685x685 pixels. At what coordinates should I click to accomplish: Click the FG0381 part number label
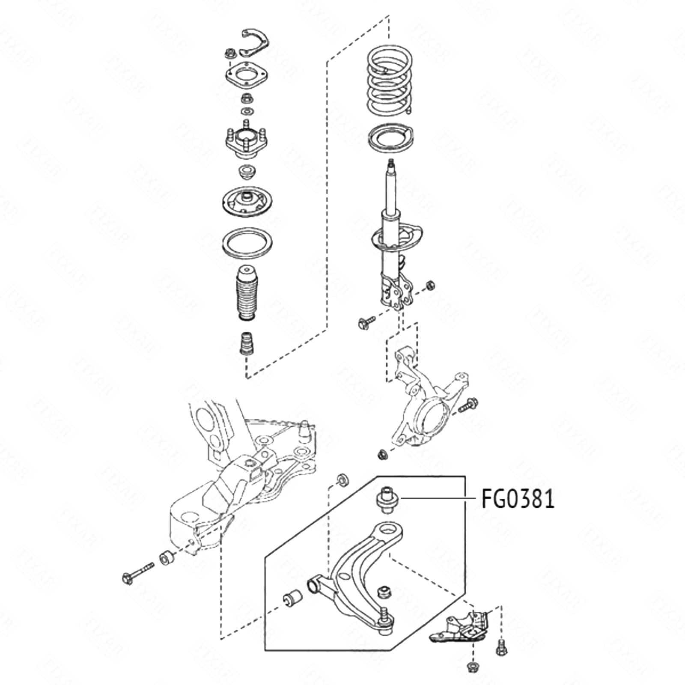click(x=518, y=499)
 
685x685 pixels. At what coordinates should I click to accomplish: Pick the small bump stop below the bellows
click(x=246, y=343)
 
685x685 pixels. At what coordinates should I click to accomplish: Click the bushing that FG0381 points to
click(x=387, y=499)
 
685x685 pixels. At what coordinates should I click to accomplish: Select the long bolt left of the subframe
click(x=137, y=572)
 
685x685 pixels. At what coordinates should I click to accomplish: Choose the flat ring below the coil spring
click(x=390, y=138)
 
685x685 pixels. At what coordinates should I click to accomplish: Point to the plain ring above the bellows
click(x=247, y=243)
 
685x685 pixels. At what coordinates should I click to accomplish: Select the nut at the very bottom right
click(x=473, y=678)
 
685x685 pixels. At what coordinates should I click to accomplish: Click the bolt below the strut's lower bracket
click(x=366, y=322)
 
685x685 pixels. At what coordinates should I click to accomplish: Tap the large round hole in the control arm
click(x=387, y=530)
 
